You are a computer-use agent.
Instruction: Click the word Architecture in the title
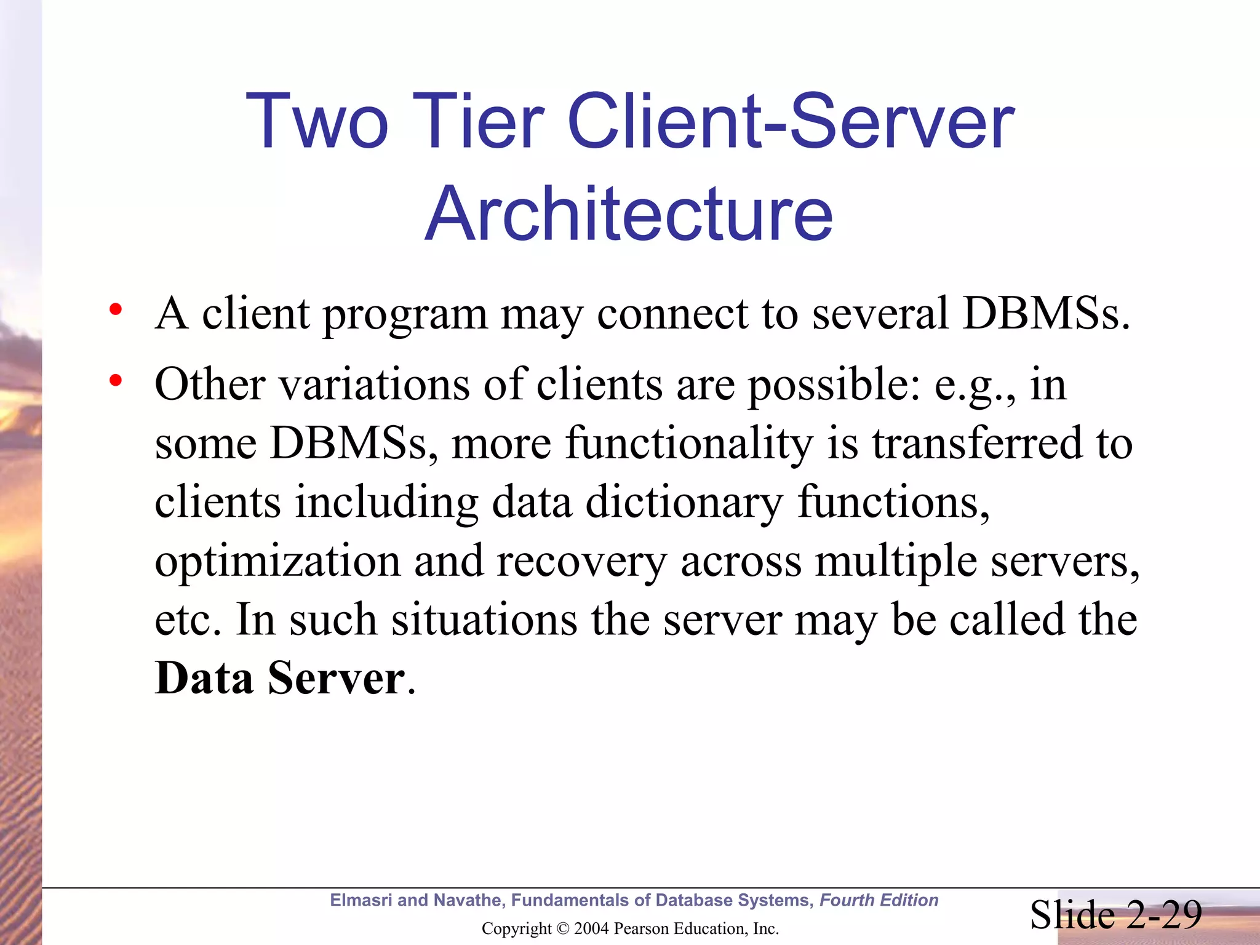[x=629, y=213]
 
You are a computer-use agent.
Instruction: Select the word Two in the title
[x=317, y=121]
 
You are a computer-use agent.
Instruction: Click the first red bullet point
[x=115, y=309]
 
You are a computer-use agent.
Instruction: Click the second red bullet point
[x=115, y=381]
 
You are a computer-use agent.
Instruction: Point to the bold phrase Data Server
[x=280, y=678]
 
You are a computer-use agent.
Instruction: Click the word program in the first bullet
[x=405, y=315]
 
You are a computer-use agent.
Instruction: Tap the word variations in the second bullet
[x=375, y=385]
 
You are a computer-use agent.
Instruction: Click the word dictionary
[x=684, y=503]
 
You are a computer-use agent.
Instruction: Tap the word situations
[x=484, y=620]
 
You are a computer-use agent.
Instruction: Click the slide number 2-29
[x=1165, y=915]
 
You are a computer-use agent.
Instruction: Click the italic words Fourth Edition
[x=879, y=901]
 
